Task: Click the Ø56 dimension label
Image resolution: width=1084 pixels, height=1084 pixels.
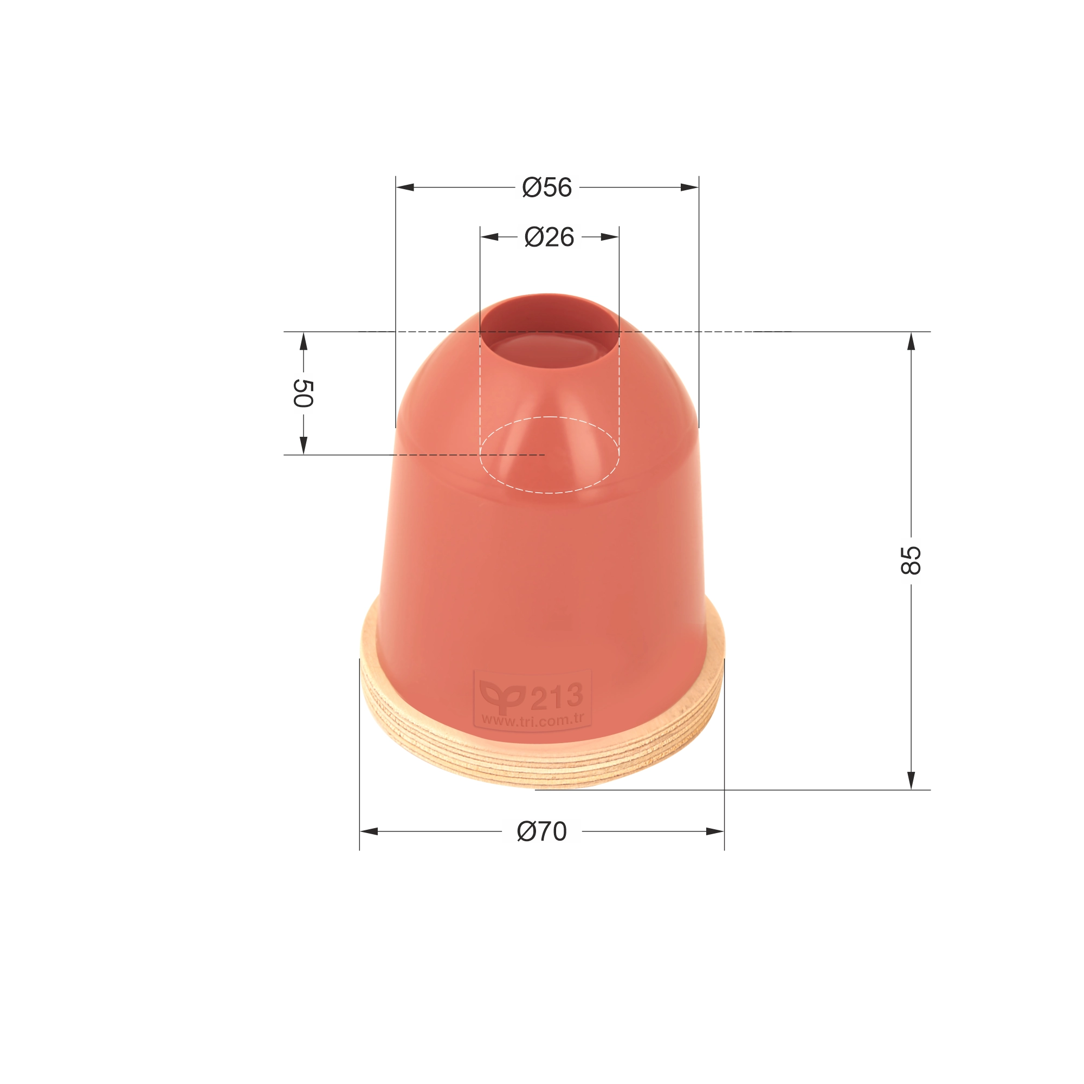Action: tap(546, 188)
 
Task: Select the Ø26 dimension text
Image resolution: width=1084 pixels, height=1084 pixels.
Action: tap(549, 237)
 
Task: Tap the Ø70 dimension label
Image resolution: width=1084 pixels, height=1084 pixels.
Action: tap(541, 831)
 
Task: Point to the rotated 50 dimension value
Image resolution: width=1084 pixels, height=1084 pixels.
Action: tap(303, 393)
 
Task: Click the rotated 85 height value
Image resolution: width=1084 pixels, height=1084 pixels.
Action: tap(911, 560)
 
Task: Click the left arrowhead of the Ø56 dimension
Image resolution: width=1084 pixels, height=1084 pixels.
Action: tap(405, 188)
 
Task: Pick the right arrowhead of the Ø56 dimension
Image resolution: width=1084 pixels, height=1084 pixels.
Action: tap(689, 188)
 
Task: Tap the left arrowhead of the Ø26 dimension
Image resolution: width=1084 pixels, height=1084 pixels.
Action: tap(489, 237)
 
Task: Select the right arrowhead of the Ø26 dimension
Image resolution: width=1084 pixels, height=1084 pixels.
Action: tap(610, 237)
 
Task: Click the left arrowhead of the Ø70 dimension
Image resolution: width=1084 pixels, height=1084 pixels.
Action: tap(369, 831)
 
